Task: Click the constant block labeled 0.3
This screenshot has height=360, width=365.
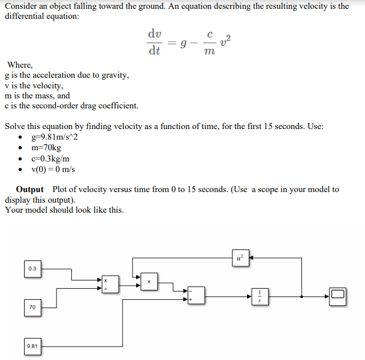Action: click(x=32, y=269)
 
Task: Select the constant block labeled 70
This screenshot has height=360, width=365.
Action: click(x=32, y=307)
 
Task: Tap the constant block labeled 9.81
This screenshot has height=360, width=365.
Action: click(x=32, y=346)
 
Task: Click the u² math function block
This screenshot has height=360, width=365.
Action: click(x=239, y=257)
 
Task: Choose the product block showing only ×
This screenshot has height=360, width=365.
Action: click(x=149, y=282)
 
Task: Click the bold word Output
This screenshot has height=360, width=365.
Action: click(x=29, y=189)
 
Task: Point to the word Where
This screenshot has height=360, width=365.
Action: click(x=19, y=65)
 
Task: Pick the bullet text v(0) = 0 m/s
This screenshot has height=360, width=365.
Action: click(x=57, y=170)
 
